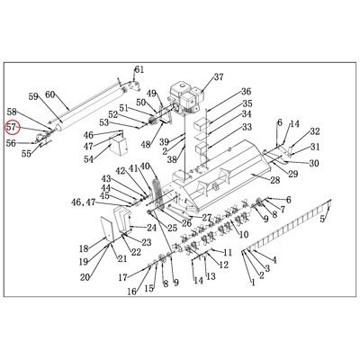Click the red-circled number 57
(13, 127)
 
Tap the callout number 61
(139, 69)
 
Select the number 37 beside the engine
(219, 76)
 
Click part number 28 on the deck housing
(274, 180)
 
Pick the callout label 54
(89, 159)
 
